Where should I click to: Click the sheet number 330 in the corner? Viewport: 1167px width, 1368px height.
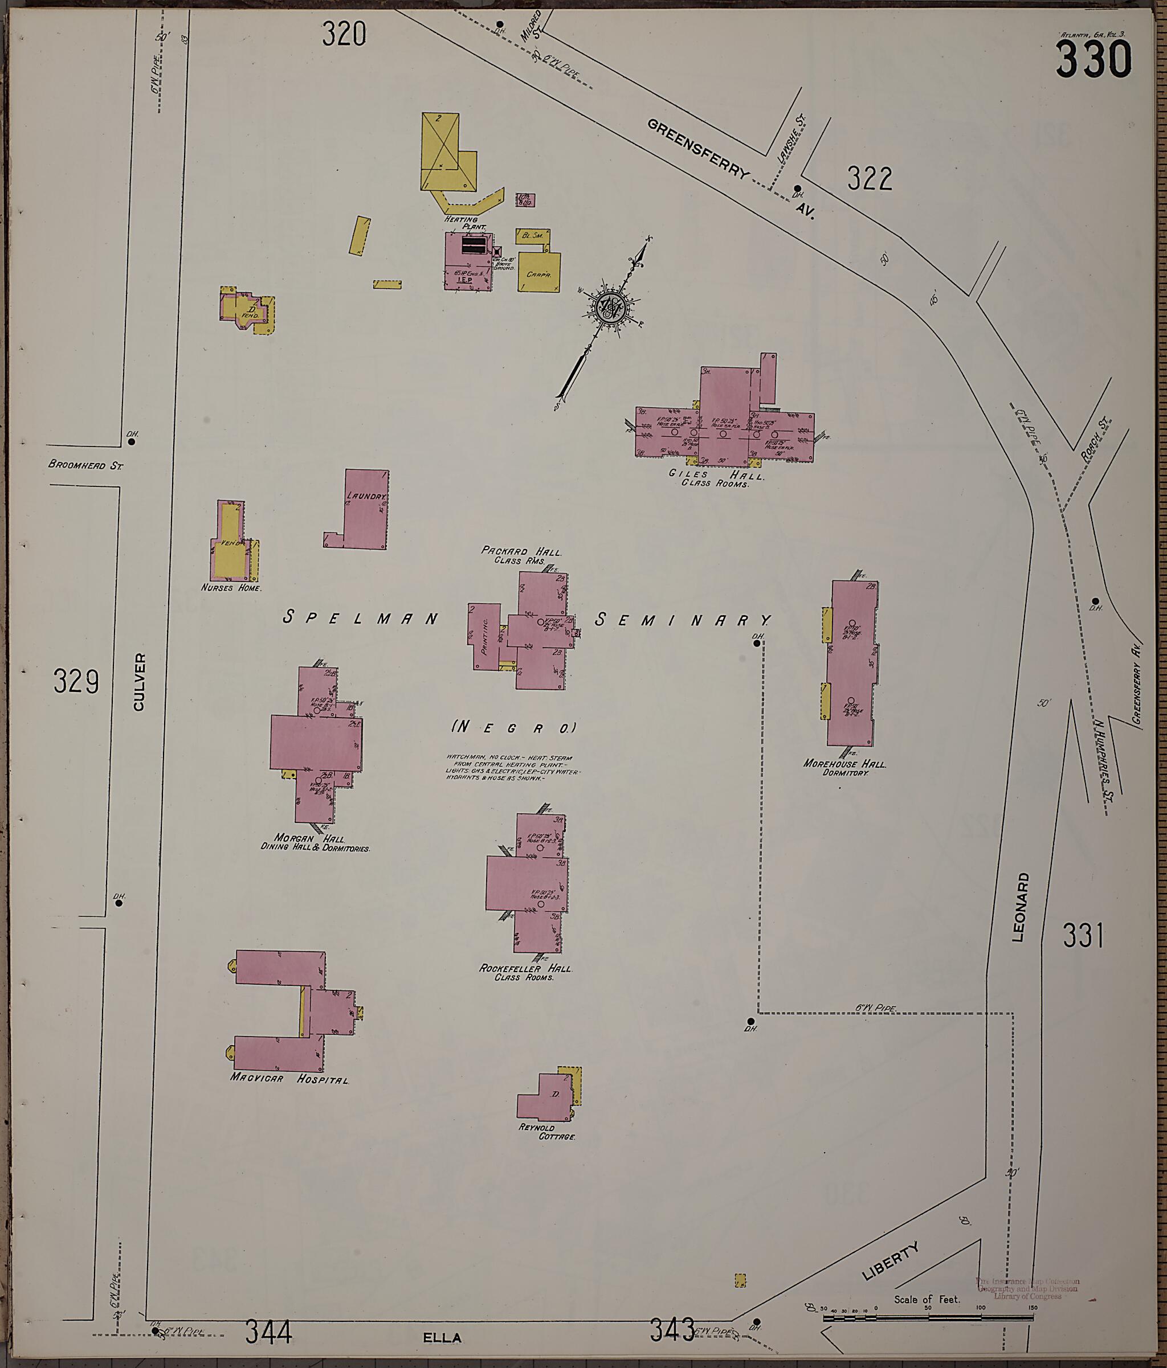point(1093,59)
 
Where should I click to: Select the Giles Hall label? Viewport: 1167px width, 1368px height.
point(716,474)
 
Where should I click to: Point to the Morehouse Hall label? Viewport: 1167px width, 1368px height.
point(844,764)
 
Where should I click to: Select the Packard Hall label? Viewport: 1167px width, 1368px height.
point(521,551)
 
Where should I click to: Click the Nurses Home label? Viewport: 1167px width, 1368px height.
point(231,588)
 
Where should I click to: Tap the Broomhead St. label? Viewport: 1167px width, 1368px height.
point(86,465)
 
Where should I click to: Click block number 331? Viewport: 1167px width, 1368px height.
point(1083,936)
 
